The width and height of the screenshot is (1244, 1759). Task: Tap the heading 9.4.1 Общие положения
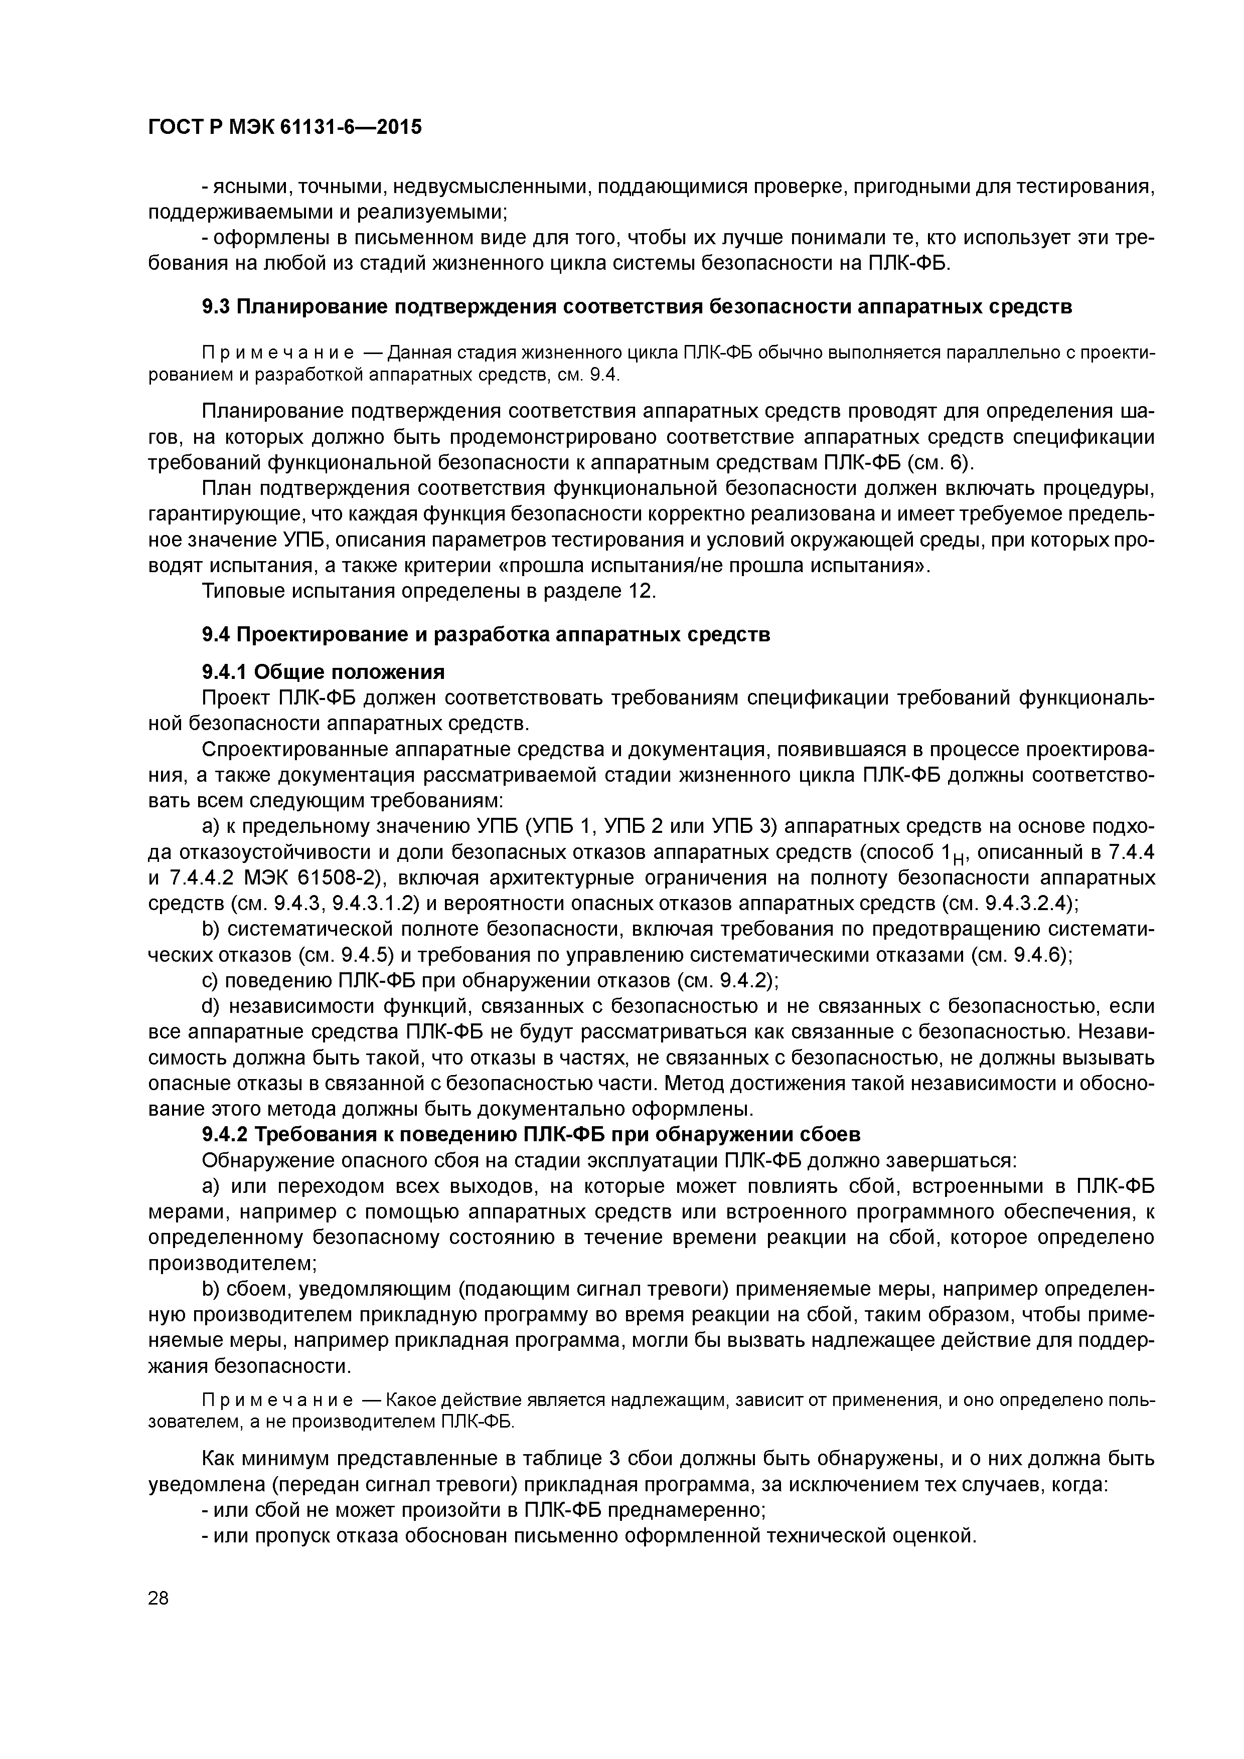click(323, 672)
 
